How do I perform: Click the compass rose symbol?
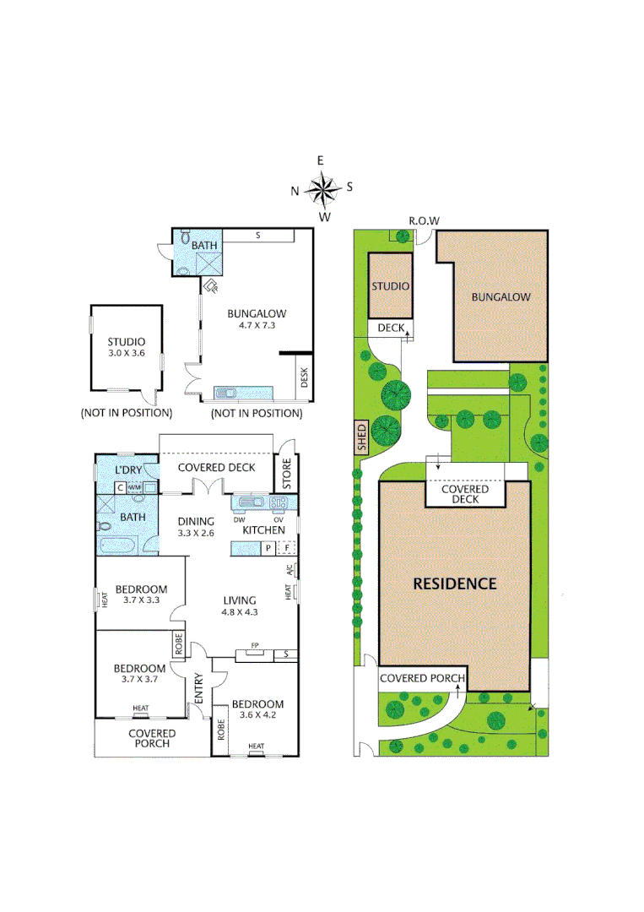click(x=322, y=188)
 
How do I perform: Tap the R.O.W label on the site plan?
click(x=424, y=221)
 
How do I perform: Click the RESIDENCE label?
click(x=454, y=584)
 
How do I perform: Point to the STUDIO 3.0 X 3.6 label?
click(x=126, y=347)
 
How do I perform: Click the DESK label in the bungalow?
click(x=305, y=379)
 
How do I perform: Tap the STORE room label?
click(x=286, y=473)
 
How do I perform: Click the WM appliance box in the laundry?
click(x=135, y=487)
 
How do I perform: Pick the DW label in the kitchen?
click(x=239, y=518)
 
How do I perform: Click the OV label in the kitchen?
click(x=277, y=518)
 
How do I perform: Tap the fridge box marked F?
click(x=287, y=548)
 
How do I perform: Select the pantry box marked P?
click(x=268, y=548)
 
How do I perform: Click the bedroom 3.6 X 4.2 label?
click(x=258, y=710)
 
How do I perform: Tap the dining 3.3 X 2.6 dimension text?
click(x=195, y=534)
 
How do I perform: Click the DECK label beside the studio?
click(x=391, y=328)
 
